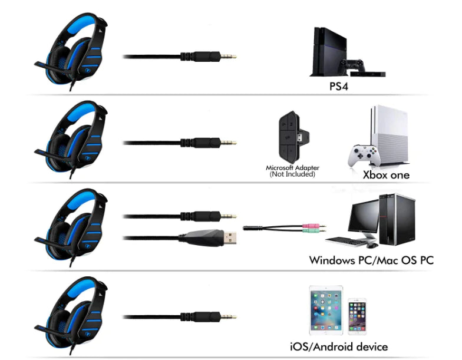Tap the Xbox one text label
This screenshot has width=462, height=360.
pos(385,175)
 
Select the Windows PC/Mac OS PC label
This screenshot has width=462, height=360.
pos(371,259)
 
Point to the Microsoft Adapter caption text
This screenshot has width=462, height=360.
pos(291,171)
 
